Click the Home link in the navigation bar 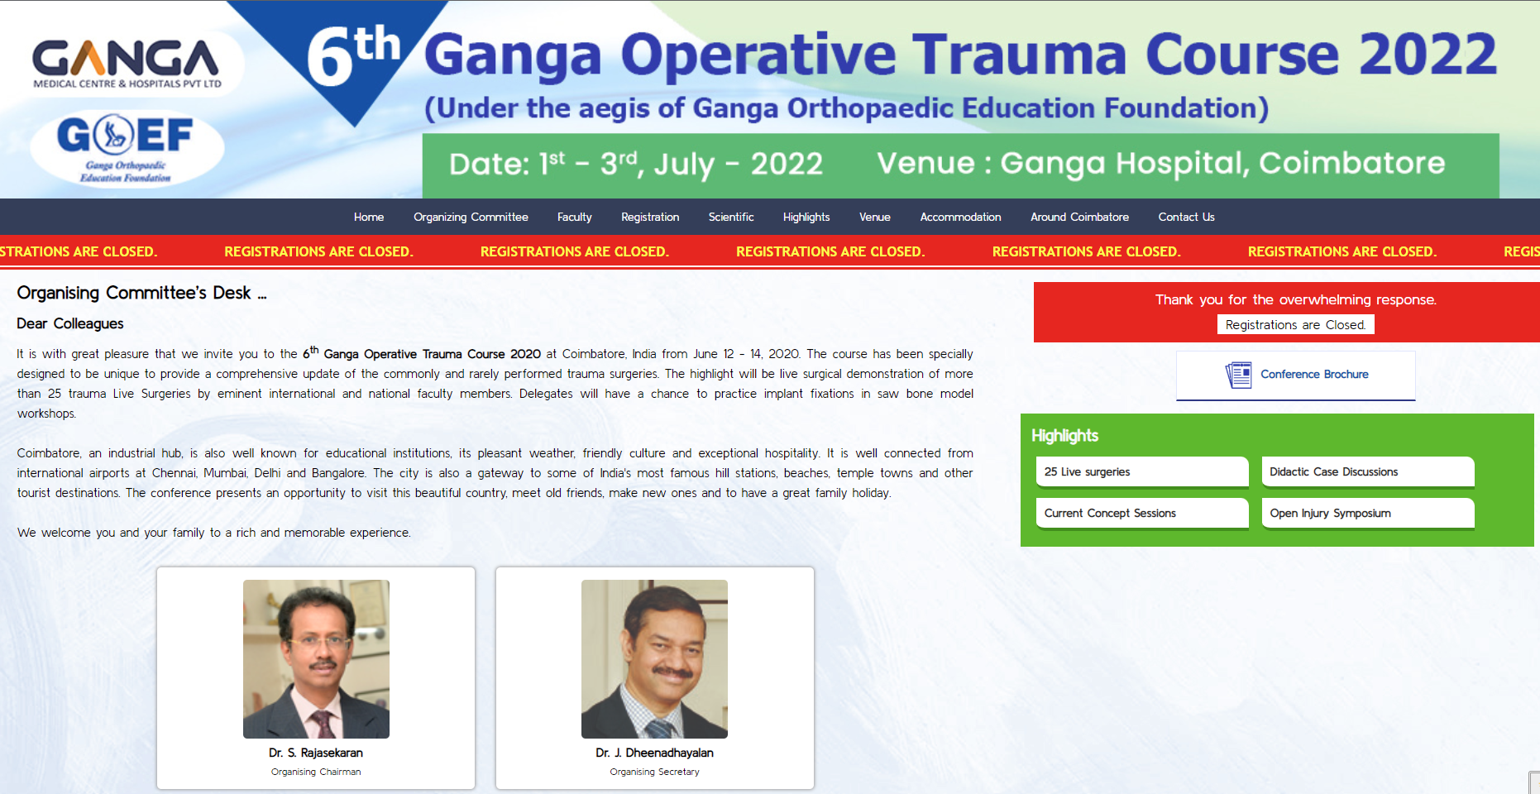[x=369, y=217]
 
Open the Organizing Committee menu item [x=471, y=217]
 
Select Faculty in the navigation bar [x=574, y=217]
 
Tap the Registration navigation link [x=650, y=217]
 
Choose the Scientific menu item [x=731, y=217]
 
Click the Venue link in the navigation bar [x=874, y=217]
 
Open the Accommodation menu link [x=960, y=217]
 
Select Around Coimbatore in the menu [x=1079, y=217]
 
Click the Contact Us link [x=1186, y=217]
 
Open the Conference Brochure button [x=1313, y=375]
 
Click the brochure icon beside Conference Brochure [x=1238, y=375]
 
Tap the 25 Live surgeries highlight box [x=1141, y=471]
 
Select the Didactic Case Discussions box [x=1367, y=471]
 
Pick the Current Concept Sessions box [x=1141, y=513]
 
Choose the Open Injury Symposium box [x=1367, y=513]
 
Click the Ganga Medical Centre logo [x=127, y=63]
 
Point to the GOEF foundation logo [x=126, y=147]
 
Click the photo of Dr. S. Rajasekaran [x=316, y=658]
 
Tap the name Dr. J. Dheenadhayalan [x=654, y=753]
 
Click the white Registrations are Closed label [x=1295, y=324]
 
